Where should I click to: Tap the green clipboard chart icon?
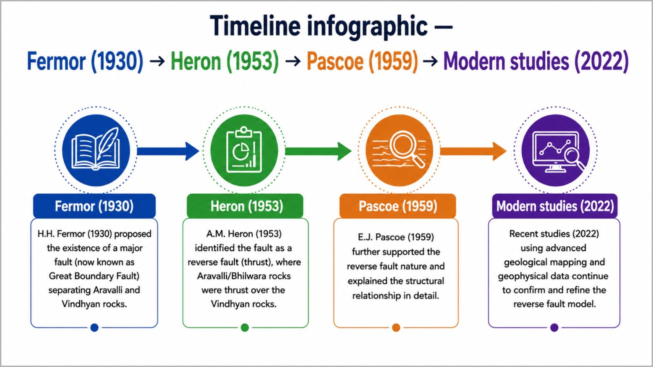(x=244, y=150)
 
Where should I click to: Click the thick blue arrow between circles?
(x=168, y=151)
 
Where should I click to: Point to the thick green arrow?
(x=318, y=151)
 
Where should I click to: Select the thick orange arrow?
(x=473, y=151)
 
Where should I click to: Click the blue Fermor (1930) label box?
(x=94, y=206)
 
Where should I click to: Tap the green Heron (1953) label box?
(x=245, y=206)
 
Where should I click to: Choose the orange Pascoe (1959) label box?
(x=398, y=206)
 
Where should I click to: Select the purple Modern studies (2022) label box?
(x=555, y=206)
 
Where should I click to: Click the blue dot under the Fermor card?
(x=94, y=328)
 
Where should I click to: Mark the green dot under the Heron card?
(x=245, y=328)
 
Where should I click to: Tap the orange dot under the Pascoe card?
(x=396, y=328)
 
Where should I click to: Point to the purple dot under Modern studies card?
(x=554, y=328)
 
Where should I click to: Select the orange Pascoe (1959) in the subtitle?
(x=362, y=61)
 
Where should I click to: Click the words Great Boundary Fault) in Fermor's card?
(x=94, y=276)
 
